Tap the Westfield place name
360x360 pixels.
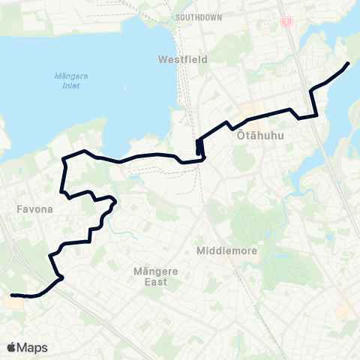pos(178,58)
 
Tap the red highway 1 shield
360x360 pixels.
pos(285,22)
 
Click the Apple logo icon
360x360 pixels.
pos(12,347)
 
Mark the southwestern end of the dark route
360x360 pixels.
pos(13,295)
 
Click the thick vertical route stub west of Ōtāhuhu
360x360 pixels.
pos(199,147)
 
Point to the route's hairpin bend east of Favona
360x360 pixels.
pos(114,200)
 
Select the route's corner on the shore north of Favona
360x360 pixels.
pos(64,158)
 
